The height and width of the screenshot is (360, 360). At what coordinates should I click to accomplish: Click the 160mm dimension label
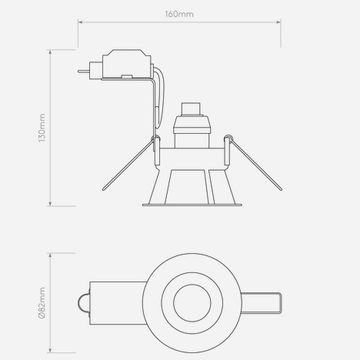click(179, 14)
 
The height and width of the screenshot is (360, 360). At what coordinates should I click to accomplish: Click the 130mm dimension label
click(42, 128)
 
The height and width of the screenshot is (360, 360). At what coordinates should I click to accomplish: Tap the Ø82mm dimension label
click(42, 303)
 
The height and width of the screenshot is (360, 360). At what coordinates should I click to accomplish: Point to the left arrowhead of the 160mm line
click(80, 22)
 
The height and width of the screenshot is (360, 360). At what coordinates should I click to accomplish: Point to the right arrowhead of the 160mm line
click(278, 22)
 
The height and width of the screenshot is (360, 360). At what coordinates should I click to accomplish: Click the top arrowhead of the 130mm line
click(50, 52)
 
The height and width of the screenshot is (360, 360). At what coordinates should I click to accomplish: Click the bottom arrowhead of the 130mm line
click(50, 204)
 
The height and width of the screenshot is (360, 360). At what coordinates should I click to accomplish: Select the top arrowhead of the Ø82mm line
click(50, 255)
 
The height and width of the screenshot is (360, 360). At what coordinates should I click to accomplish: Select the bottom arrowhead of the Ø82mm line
click(50, 350)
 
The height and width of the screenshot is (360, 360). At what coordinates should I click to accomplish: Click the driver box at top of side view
click(126, 64)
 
